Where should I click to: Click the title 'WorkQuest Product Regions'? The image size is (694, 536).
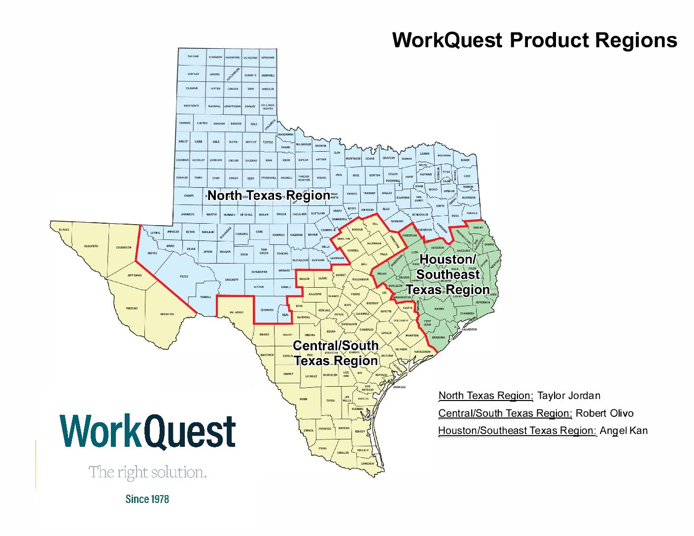534,40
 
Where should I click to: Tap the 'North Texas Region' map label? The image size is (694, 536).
269,196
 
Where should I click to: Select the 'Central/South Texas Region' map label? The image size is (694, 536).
336,353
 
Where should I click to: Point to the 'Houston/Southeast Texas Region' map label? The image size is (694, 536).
448,274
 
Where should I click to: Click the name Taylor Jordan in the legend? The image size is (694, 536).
568,396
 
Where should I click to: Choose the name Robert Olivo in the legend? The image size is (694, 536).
604,413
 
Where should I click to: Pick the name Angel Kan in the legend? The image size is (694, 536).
624,431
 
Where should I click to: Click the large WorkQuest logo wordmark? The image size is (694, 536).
147,432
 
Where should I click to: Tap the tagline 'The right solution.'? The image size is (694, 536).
147,472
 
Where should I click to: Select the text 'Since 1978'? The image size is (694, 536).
147,499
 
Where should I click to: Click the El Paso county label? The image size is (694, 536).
64,230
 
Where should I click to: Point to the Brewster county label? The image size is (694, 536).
167,314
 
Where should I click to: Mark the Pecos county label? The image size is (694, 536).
184,276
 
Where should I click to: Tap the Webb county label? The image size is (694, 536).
303,399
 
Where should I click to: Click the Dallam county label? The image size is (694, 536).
193,57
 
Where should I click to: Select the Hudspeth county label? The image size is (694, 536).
91,246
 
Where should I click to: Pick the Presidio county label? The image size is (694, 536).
132,308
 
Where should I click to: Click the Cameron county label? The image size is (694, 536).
367,464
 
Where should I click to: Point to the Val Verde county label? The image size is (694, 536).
237,312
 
